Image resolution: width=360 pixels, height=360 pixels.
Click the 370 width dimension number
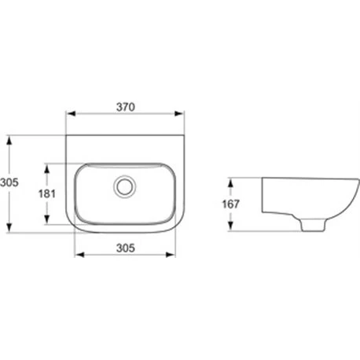[126, 106]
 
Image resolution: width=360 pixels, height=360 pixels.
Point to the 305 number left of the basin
[9, 182]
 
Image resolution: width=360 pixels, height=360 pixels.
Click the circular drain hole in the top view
[123, 186]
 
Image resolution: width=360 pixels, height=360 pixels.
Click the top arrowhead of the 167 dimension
[231, 180]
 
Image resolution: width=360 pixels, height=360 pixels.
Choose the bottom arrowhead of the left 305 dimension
[9, 232]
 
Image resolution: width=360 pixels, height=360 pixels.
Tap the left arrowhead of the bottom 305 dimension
[76, 255]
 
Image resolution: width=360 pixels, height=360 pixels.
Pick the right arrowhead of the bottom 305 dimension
[173, 255]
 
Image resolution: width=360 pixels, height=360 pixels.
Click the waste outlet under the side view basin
[311, 226]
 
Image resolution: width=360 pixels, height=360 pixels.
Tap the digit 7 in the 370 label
[126, 106]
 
